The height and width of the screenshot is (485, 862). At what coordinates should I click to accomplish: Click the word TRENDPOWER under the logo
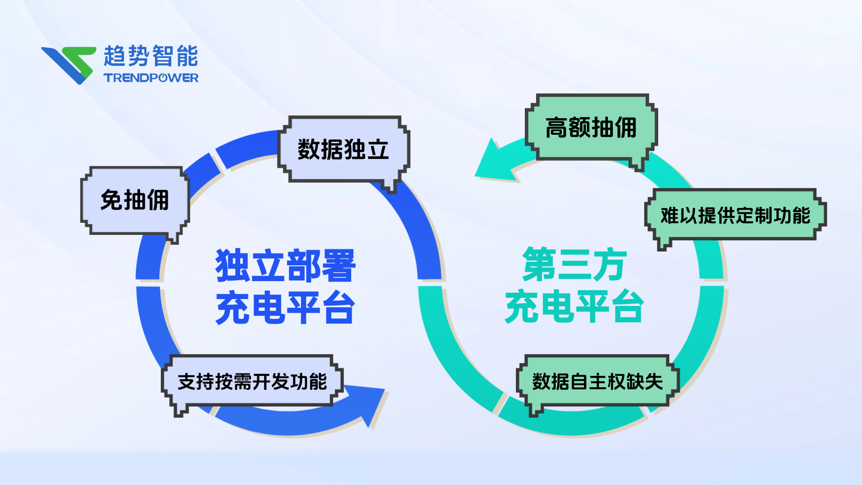[x=151, y=78]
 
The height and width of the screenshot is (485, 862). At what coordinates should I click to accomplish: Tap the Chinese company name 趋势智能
[x=151, y=56]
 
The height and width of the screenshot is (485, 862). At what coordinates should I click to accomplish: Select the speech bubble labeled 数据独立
[x=343, y=149]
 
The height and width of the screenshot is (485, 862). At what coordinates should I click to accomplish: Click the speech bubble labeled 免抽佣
[x=135, y=200]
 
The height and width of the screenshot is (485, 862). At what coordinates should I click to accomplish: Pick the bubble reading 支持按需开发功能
[x=252, y=381]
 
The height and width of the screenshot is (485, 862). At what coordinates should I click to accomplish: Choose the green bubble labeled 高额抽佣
[x=591, y=127]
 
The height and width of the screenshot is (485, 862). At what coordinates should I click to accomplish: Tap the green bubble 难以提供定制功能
[x=735, y=215]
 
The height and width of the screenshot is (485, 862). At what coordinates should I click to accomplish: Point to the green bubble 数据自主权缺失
[x=597, y=381]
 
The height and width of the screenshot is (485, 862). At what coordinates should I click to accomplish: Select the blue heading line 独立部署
[x=286, y=265]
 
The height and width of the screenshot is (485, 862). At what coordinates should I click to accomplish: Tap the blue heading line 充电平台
[x=286, y=307]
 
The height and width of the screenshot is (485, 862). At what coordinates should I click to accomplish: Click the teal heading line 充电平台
[x=574, y=306]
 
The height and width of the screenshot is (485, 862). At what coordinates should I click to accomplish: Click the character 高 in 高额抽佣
[x=556, y=127]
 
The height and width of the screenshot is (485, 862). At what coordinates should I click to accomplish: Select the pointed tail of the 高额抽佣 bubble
[x=638, y=165]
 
